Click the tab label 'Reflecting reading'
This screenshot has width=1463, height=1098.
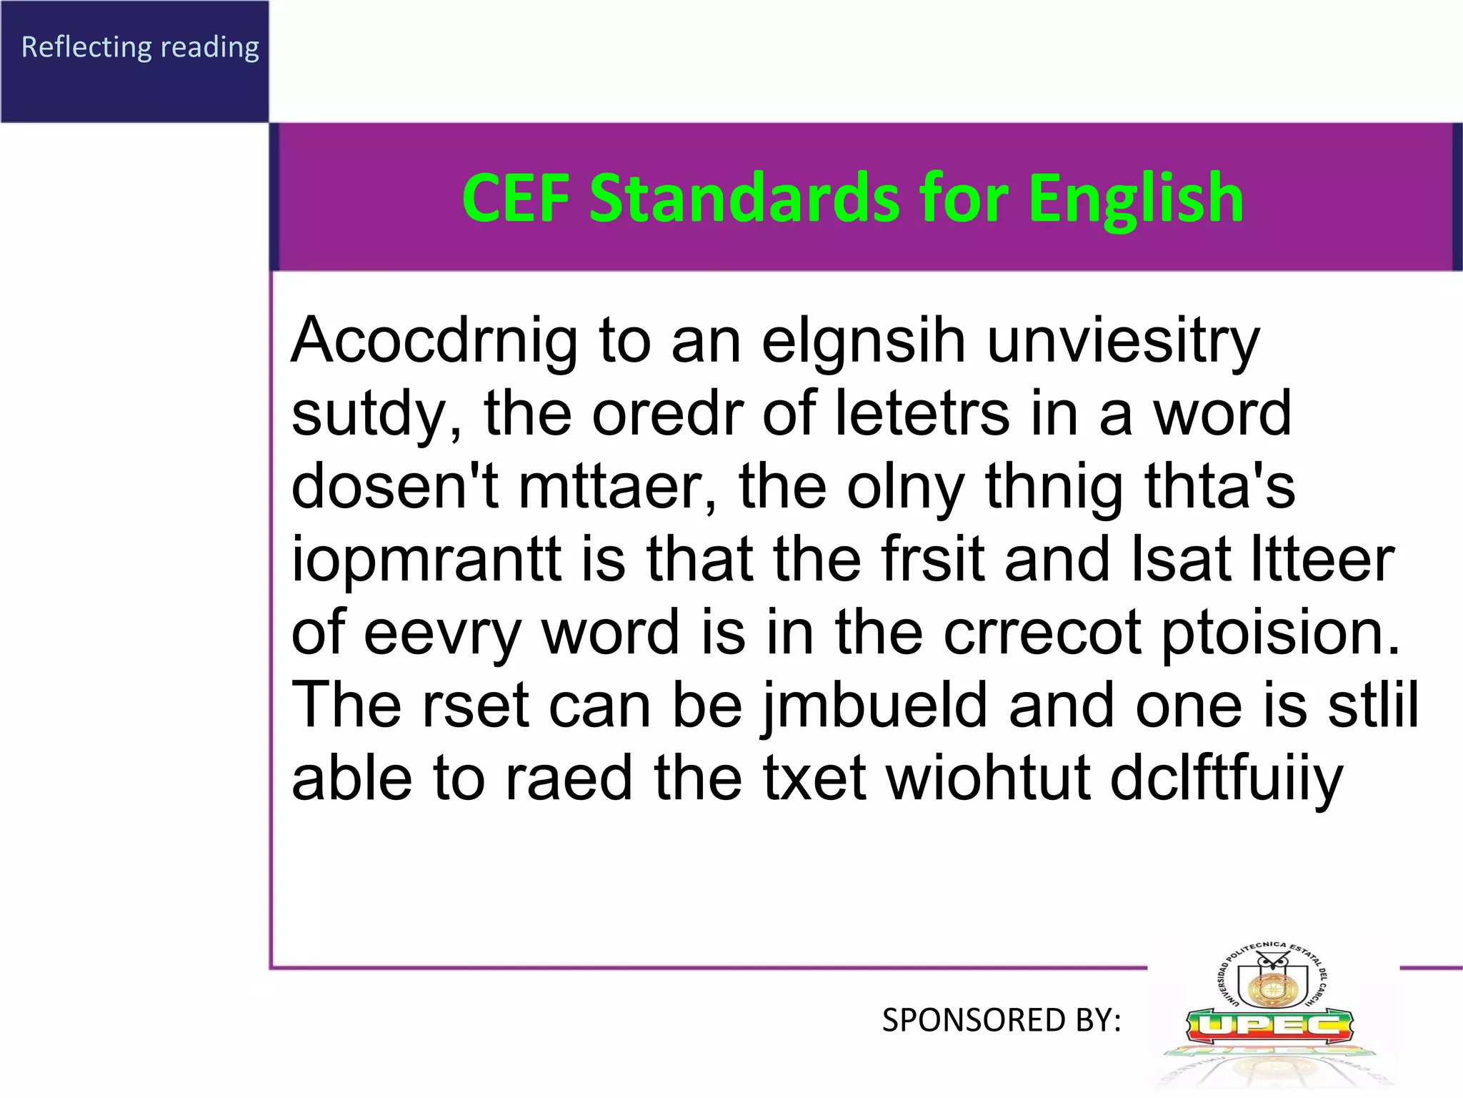point(140,47)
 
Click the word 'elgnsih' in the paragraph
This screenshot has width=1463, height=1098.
point(863,340)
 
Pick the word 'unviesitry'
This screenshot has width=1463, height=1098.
point(1123,342)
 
